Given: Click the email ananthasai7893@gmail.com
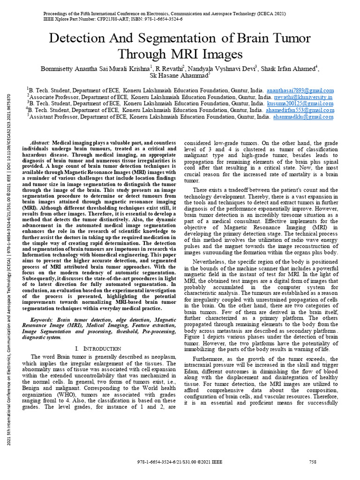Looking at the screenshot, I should (300, 90).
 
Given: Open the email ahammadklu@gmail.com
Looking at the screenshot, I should (303, 117).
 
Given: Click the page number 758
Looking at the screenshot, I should (313, 462).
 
